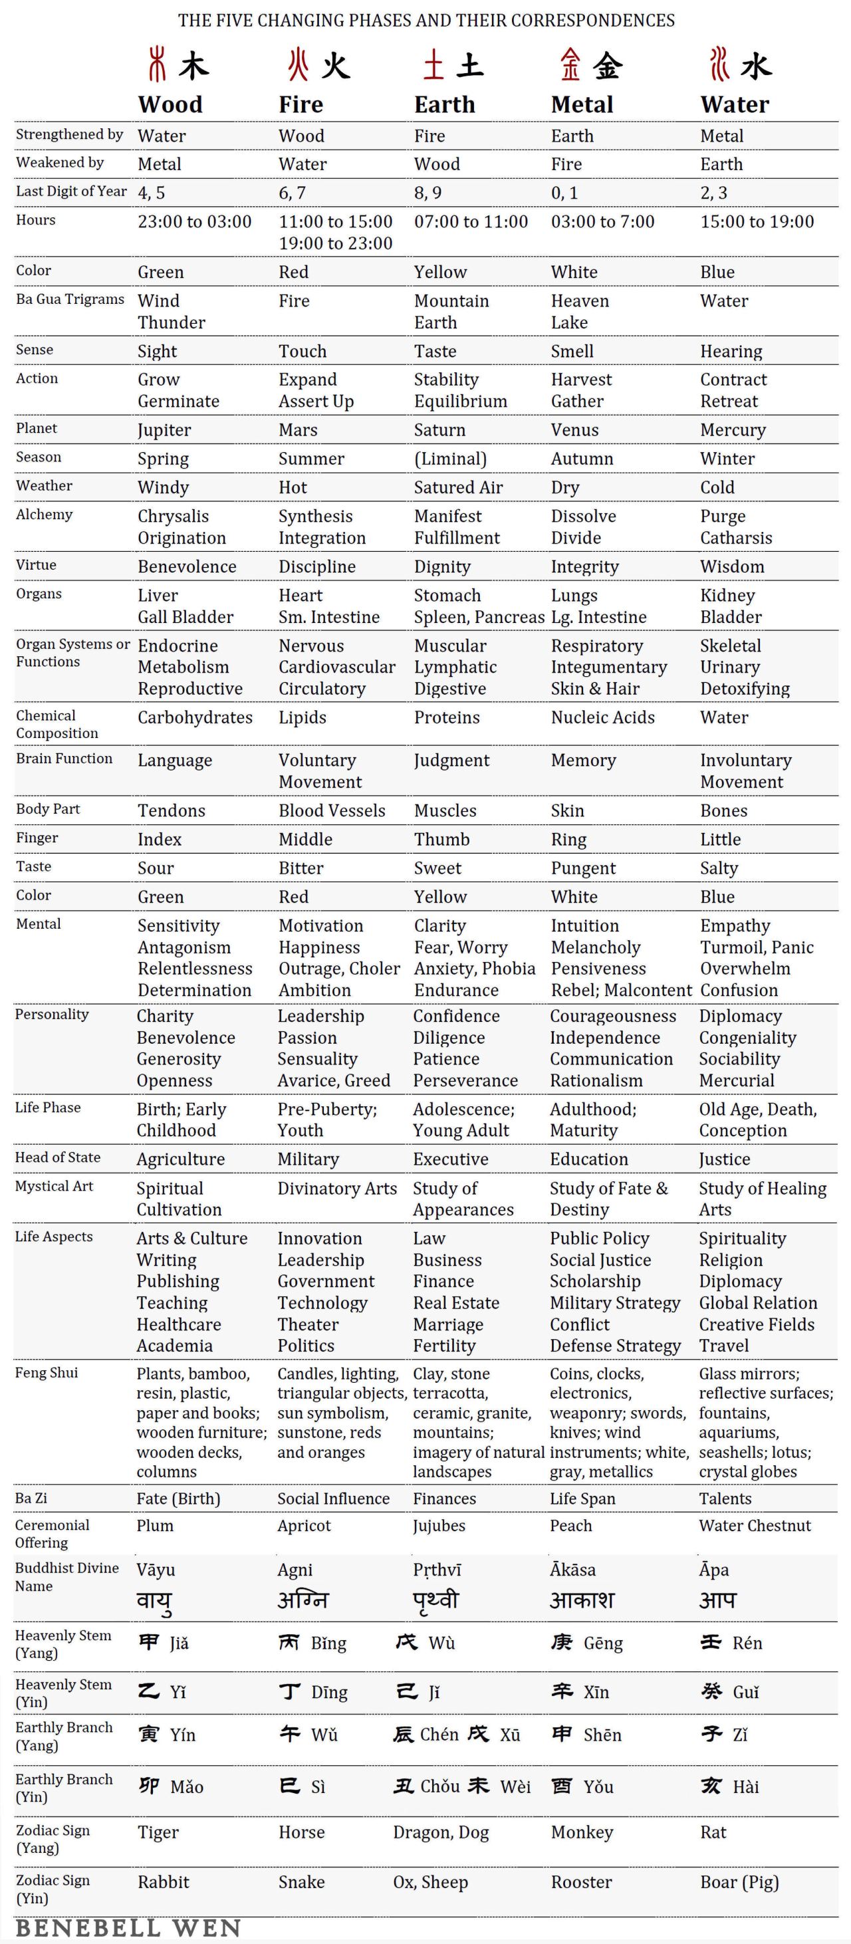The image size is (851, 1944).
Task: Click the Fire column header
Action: (x=301, y=104)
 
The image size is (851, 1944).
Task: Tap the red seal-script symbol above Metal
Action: (x=570, y=64)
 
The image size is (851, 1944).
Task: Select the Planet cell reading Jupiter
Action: (x=164, y=430)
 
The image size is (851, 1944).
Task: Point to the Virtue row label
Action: (x=36, y=565)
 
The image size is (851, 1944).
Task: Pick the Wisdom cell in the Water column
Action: (x=732, y=566)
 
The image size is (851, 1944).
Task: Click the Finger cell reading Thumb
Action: (x=441, y=839)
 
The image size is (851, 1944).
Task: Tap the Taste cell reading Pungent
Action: (x=583, y=868)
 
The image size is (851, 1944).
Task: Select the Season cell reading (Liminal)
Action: (x=449, y=459)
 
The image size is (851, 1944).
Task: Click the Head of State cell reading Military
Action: (x=308, y=1159)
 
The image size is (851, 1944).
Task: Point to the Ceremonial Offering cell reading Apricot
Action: (x=304, y=1526)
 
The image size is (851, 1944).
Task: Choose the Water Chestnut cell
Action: (x=755, y=1526)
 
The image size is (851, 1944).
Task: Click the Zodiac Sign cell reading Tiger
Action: (x=158, y=1832)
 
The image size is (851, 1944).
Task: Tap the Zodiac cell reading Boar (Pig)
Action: (x=739, y=1882)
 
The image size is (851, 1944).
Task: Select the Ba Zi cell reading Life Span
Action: (x=582, y=1499)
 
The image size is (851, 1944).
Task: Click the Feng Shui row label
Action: (x=46, y=1373)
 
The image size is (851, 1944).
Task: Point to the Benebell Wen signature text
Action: (x=128, y=1928)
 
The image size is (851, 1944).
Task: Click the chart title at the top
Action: (x=426, y=21)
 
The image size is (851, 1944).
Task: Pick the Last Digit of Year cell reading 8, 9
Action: (x=427, y=193)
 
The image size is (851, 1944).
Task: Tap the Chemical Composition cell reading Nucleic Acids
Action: (x=603, y=717)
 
